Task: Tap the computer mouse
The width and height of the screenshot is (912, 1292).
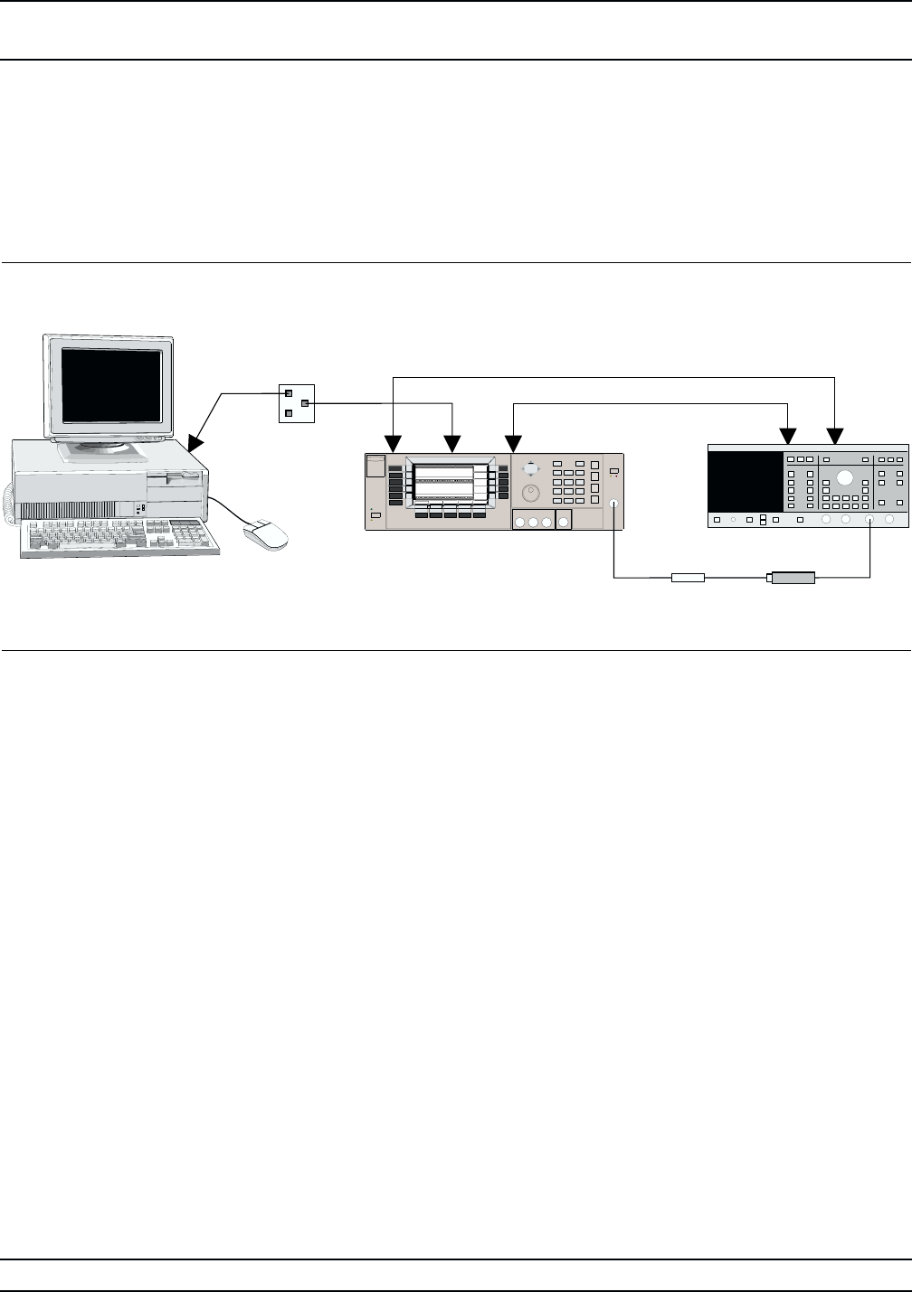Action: tap(265, 534)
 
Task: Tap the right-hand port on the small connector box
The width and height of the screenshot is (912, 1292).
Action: tap(305, 402)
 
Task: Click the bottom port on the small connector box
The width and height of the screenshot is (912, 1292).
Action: tap(289, 412)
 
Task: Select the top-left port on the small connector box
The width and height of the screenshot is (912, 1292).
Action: tap(289, 393)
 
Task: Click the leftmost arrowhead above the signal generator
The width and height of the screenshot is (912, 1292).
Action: tap(394, 444)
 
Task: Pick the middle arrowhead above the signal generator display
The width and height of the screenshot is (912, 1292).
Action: tap(452, 444)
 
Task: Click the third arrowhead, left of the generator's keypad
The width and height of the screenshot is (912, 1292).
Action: tap(513, 444)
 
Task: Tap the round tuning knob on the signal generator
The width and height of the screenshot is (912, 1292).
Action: tap(531, 493)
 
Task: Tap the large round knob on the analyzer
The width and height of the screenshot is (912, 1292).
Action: tap(846, 478)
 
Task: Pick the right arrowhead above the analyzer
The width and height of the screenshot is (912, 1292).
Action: tap(835, 437)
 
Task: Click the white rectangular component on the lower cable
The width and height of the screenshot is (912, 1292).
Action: tap(688, 577)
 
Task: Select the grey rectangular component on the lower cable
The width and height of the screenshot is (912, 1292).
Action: tap(792, 577)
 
